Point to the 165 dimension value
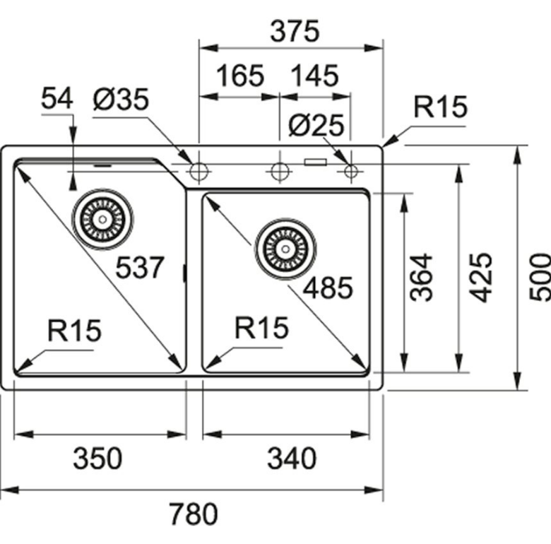239,76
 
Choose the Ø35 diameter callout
120,100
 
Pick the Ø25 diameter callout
316,126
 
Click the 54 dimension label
57,100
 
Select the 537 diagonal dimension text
140,268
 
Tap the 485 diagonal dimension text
326,288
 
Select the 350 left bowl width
97,459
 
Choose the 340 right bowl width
291,459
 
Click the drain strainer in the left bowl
102,219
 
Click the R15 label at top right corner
440,107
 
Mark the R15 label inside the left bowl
75,330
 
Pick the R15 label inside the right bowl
262,327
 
